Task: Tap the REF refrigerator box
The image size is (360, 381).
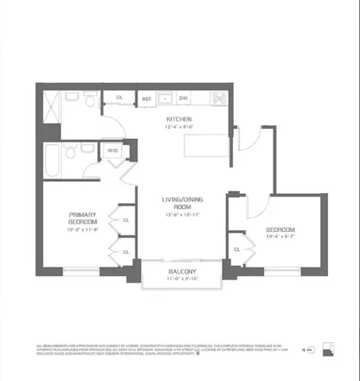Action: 147,98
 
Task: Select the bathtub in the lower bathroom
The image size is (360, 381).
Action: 59,158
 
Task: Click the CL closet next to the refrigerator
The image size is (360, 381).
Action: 119,98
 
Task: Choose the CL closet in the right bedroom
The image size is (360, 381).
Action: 236,249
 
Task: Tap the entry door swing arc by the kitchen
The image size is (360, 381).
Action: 254,135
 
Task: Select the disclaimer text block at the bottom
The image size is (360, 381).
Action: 152,350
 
